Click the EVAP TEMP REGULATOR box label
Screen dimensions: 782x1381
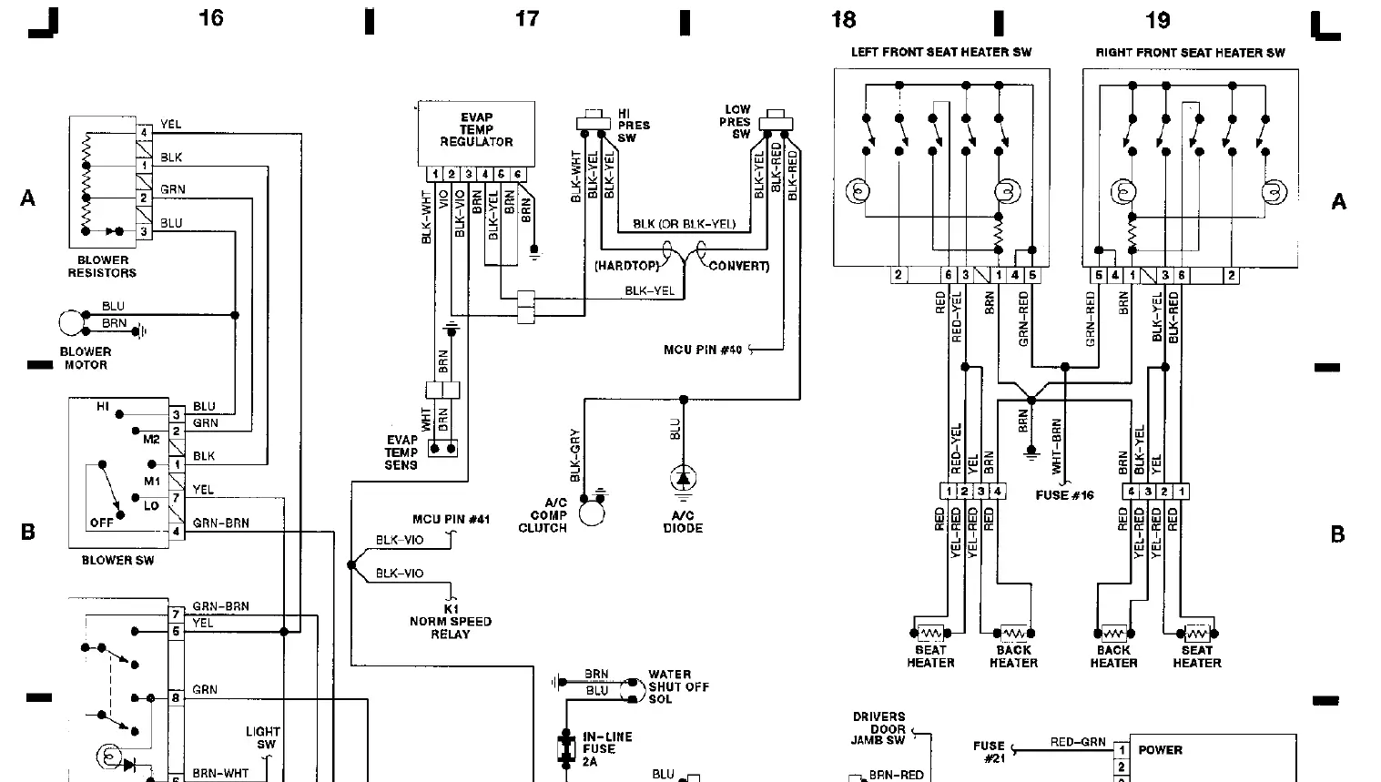476,129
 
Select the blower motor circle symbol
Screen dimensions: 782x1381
70,323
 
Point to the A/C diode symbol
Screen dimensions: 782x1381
683,477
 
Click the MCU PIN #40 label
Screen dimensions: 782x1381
703,350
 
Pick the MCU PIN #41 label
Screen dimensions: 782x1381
451,519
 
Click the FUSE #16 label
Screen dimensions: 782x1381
1064,495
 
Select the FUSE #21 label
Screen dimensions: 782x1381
989,751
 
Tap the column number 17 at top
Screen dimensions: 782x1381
527,18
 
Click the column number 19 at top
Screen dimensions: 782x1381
1157,19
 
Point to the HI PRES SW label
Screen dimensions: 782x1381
634,126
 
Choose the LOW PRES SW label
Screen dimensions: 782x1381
736,121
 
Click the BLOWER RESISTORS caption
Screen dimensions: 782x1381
102,266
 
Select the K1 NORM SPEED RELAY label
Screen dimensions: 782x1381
451,621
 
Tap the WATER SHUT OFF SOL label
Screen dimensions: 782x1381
678,686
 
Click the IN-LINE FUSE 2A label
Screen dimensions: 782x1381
607,748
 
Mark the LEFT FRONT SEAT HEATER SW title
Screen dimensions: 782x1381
941,52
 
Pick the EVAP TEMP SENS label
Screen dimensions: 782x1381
401,452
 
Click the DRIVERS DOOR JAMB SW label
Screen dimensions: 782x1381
878,728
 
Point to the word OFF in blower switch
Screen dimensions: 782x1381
101,523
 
